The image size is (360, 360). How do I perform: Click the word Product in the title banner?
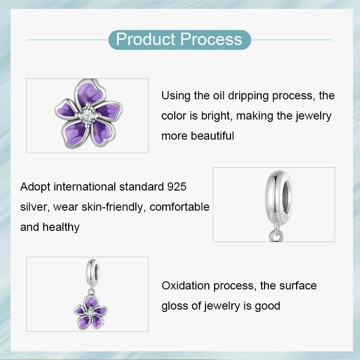click(x=145, y=39)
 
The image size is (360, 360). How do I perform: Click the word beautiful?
click(x=212, y=136)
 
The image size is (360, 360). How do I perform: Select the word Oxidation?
click(x=185, y=286)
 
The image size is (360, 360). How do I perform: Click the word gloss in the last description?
click(x=175, y=306)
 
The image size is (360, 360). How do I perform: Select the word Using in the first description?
click(x=176, y=96)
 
